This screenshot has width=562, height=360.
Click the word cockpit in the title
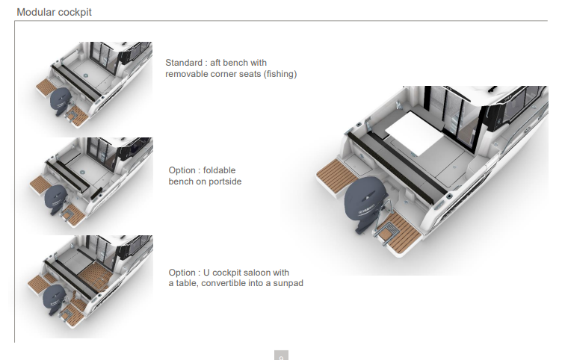click(75, 13)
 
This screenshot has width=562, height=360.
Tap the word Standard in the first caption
click(184, 63)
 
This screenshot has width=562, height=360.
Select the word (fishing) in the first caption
click(280, 74)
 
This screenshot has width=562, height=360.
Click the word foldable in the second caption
click(220, 170)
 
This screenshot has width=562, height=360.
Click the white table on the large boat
click(415, 132)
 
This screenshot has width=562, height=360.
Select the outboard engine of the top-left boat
click(61, 101)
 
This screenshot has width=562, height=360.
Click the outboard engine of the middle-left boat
click(56, 199)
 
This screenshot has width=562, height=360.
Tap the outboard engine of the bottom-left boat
click(54, 300)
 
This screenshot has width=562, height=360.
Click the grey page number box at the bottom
click(281, 356)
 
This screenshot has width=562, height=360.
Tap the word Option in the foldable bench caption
click(182, 170)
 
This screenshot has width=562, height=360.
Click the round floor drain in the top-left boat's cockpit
click(86, 75)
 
